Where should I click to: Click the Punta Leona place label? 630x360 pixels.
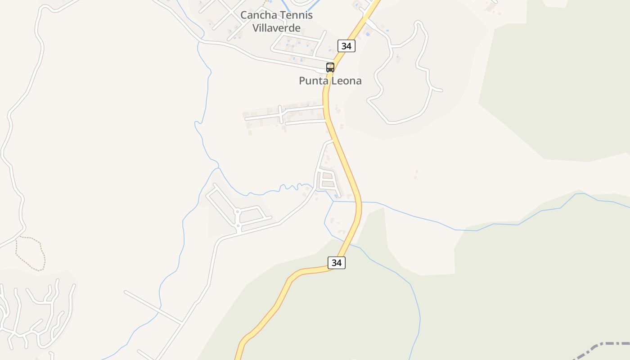330,81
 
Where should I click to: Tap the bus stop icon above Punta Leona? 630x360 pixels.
330,67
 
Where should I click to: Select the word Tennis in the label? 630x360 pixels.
296,15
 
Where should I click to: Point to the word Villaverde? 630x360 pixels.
276,28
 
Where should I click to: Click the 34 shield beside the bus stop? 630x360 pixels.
346,45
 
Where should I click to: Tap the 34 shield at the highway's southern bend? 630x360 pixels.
337,262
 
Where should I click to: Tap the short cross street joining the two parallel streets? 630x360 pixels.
280,114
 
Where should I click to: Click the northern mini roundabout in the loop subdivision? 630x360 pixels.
237,211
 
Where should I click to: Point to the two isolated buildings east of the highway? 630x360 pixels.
416,175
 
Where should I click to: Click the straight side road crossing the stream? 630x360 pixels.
153,307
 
